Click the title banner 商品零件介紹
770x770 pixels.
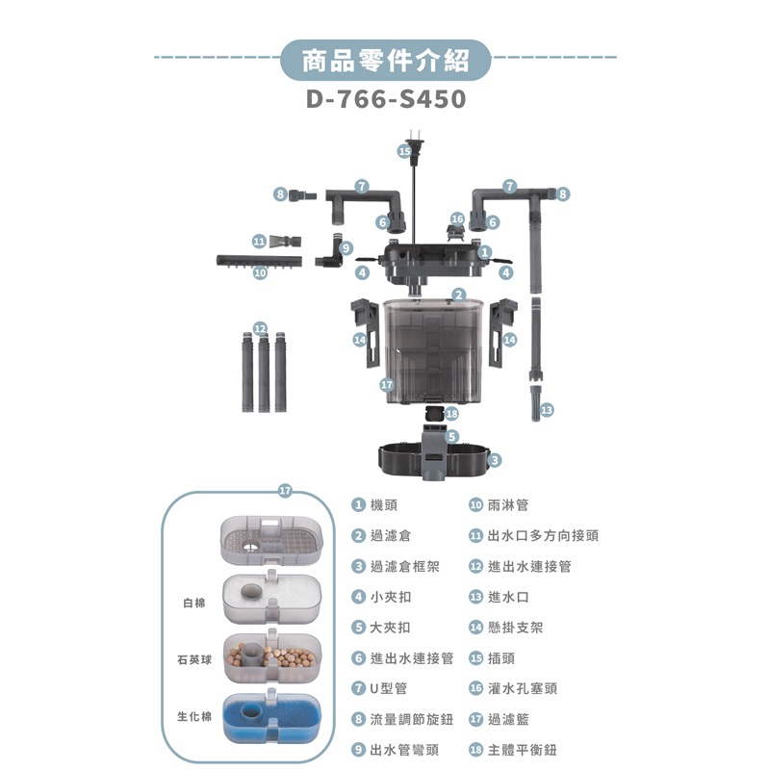[385, 63]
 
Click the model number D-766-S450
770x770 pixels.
[385, 100]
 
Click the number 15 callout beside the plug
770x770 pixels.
[404, 151]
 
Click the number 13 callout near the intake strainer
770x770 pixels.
[547, 410]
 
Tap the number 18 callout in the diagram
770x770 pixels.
[452, 413]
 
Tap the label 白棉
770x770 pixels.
[193, 603]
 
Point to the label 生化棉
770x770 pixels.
[193, 718]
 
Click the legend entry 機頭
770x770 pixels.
[383, 504]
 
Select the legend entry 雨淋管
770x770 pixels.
[507, 504]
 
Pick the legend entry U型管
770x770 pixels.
[389, 688]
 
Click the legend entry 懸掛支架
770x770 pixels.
[515, 627]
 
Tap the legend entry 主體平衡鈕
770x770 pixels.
[522, 750]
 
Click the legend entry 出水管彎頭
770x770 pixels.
[404, 750]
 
